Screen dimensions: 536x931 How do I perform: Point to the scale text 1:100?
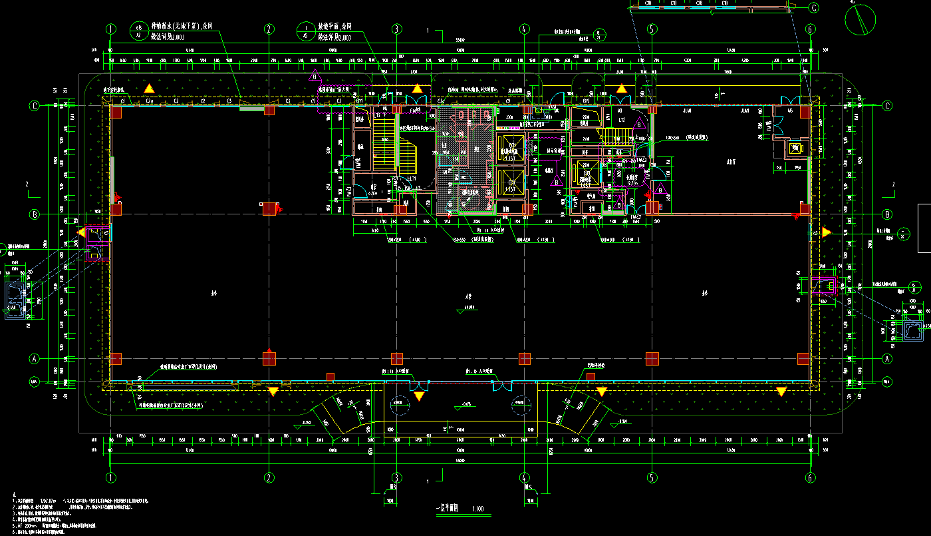click(x=477, y=509)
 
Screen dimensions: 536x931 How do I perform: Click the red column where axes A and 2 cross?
click(x=269, y=358)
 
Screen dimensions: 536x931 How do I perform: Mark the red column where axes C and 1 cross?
click(x=116, y=112)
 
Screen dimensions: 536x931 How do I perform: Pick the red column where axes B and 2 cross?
click(x=269, y=209)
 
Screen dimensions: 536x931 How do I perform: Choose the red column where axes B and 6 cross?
click(x=804, y=209)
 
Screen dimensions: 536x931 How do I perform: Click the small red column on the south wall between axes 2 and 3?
click(x=331, y=377)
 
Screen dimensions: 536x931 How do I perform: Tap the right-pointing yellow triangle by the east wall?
click(x=827, y=232)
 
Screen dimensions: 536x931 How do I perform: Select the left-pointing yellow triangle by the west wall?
click(x=81, y=232)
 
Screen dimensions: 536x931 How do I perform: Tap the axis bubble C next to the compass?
click(x=813, y=8)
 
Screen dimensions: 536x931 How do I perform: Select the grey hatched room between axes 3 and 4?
click(x=465, y=160)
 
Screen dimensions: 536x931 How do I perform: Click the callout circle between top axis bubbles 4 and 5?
click(x=600, y=35)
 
